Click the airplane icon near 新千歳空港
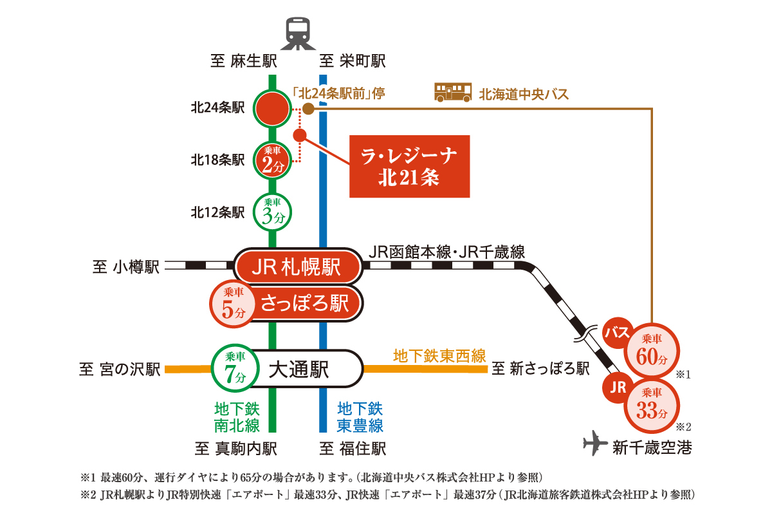(x=595, y=444)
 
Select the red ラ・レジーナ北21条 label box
(x=409, y=166)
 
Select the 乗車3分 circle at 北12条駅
(x=273, y=212)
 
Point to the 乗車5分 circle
(x=232, y=303)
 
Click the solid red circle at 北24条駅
(x=273, y=109)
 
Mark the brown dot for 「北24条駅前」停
(x=308, y=109)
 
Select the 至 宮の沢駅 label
(x=120, y=370)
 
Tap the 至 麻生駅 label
(x=244, y=62)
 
